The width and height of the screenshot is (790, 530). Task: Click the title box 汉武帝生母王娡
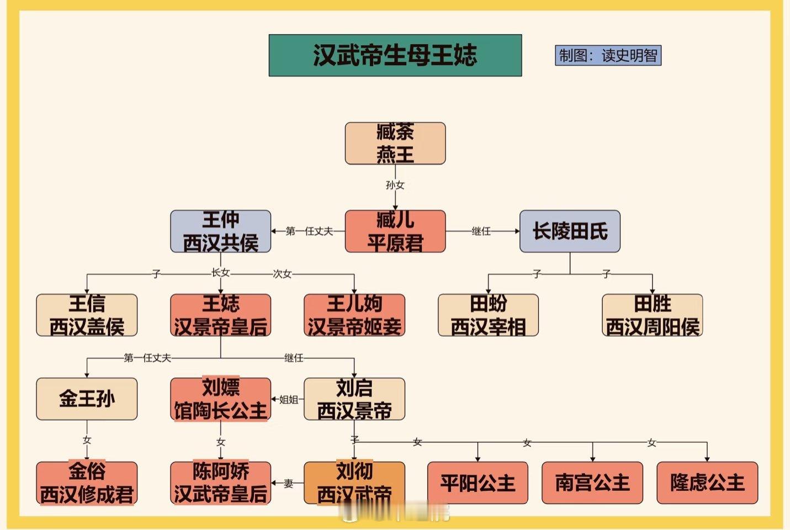[395, 55]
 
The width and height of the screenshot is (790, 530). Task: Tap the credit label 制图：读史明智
[608, 55]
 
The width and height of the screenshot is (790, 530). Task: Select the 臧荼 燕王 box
[395, 144]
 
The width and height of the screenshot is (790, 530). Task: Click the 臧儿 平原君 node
[395, 231]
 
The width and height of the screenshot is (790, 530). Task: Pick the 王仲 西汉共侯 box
[220, 231]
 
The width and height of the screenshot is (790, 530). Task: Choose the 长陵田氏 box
[570, 231]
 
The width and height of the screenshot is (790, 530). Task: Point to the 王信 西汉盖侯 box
[87, 315]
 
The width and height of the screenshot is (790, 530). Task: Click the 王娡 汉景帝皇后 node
[220, 315]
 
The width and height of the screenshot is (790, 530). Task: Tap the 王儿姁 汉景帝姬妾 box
[354, 315]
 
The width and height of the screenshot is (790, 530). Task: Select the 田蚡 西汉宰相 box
[488, 315]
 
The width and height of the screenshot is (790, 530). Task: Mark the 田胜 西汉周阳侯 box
[652, 315]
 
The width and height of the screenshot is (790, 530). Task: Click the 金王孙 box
[87, 399]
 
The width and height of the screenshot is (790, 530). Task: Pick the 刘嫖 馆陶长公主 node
[220, 399]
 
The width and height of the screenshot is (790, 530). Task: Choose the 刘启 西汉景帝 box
[354, 399]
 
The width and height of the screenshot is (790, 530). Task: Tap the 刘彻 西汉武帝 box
[354, 483]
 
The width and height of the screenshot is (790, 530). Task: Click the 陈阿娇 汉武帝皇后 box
[220, 483]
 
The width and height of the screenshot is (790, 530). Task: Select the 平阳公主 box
[478, 483]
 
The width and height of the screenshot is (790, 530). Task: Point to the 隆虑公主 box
[707, 483]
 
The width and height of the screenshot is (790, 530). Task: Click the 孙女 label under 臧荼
[395, 185]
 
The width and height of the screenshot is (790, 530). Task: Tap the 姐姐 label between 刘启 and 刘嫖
[289, 399]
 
